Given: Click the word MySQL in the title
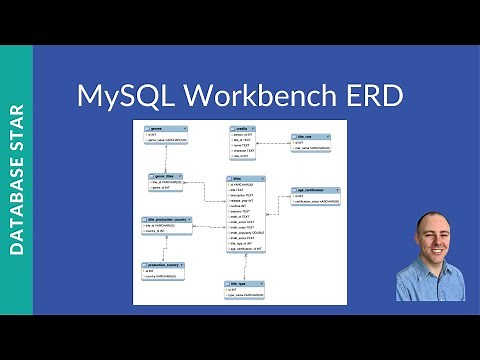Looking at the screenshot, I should coord(127,97).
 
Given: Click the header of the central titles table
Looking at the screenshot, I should coord(246,178).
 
